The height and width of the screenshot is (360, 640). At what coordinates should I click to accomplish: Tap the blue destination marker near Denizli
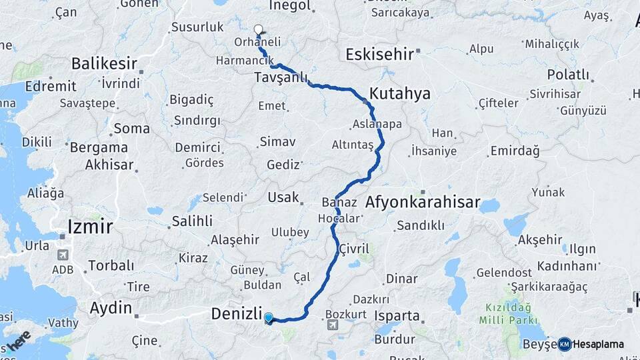pyautogui.click(x=268, y=318)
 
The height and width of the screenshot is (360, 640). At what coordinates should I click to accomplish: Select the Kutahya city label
pyautogui.click(x=400, y=94)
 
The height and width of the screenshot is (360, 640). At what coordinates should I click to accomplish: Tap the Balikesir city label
pyautogui.click(x=104, y=64)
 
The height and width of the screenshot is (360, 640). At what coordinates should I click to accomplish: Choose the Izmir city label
pyautogui.click(x=90, y=227)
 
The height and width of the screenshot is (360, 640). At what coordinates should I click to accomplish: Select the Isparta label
pyautogui.click(x=397, y=316)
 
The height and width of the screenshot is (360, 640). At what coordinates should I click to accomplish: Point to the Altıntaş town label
pyautogui.click(x=353, y=145)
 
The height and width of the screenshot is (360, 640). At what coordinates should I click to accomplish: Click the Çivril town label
pyautogui.click(x=354, y=248)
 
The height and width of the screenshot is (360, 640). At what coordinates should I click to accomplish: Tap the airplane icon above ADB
pyautogui.click(x=63, y=255)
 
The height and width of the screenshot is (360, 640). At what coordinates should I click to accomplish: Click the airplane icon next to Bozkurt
pyautogui.click(x=333, y=325)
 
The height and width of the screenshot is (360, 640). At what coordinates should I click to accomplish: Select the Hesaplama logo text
pyautogui.click(x=598, y=344)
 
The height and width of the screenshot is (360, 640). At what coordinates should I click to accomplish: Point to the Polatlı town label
pyautogui.click(x=568, y=75)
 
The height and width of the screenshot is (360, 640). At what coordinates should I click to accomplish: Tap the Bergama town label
pyautogui.click(x=99, y=147)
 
